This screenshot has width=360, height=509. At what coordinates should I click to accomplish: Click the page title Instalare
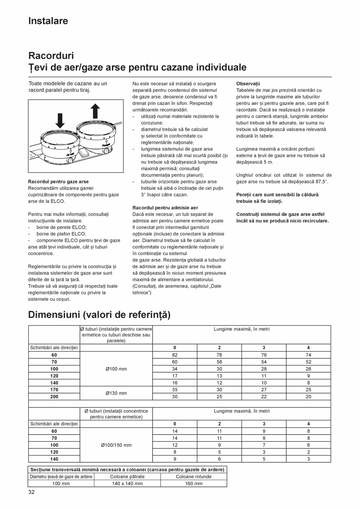pos(48,21)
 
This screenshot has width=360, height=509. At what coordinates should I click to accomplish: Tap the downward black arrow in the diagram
pos(60,121)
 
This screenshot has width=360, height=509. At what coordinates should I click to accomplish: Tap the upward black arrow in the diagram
pos(95,111)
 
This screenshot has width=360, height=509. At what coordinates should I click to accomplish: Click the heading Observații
pos(248,84)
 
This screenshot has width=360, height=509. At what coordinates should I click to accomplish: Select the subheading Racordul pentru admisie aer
pos(165,208)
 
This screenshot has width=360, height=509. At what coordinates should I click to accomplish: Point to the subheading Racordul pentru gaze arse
pos(58,182)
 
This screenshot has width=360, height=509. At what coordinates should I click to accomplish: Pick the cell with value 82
pos(175,355)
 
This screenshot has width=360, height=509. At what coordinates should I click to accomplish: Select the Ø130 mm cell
pos(116,393)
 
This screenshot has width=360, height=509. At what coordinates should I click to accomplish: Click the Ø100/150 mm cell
pos(116,445)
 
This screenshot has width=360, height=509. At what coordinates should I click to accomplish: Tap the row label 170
pos(54,390)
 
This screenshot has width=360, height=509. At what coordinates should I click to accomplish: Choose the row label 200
pos(54,396)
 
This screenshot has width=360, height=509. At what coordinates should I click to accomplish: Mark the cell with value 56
pos(219,362)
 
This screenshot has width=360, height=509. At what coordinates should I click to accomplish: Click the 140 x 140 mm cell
pos(127,484)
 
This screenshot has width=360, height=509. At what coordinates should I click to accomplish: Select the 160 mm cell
pos(193,484)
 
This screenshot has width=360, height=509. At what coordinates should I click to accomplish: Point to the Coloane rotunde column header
pos(193,477)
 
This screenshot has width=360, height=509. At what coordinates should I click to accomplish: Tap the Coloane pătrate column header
pos(127,477)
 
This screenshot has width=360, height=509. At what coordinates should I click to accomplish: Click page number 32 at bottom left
pos(31,492)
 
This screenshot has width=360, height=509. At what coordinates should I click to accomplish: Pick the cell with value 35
pos(175,390)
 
